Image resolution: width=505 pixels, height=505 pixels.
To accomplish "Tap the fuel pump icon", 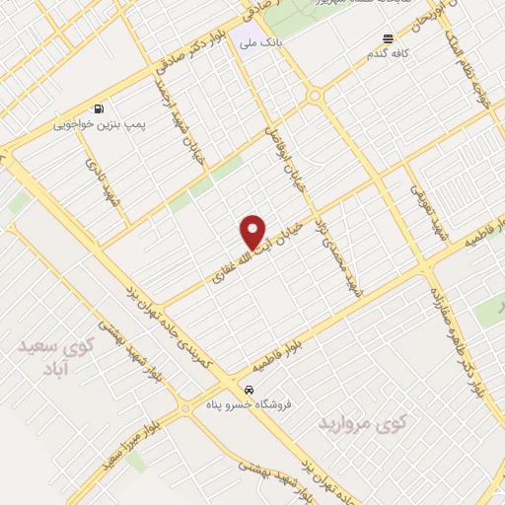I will (98, 109).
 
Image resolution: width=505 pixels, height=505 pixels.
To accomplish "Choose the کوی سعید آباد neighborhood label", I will (55, 359).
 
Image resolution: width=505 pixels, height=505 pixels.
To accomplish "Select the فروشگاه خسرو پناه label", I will (244, 404).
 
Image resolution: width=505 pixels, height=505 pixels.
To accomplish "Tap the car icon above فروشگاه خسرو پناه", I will (250, 389).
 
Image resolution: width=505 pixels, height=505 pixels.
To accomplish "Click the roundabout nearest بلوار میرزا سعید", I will (185, 407).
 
